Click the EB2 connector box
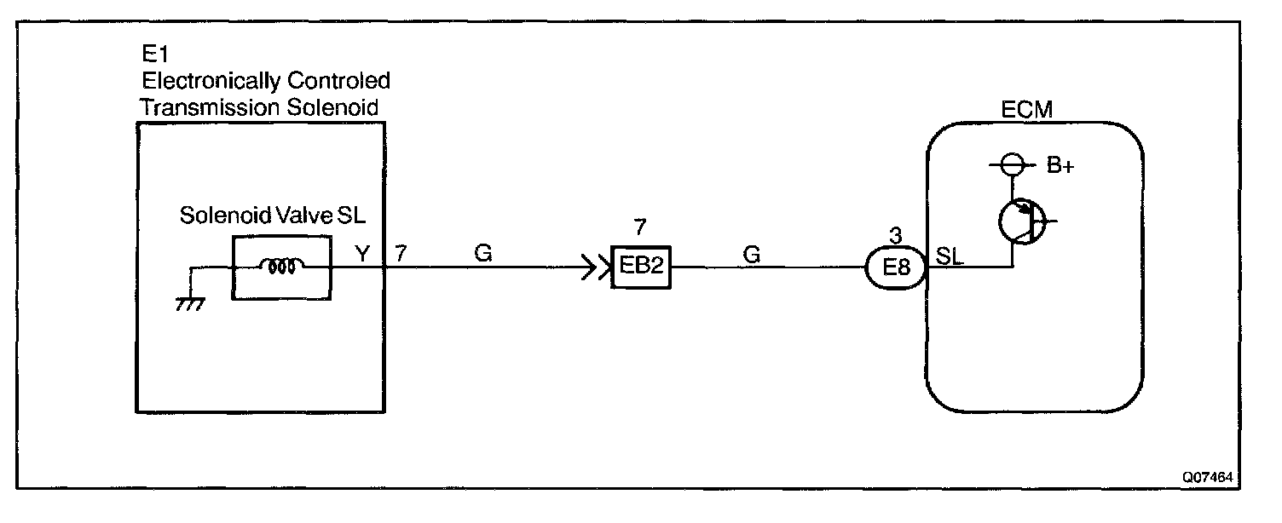[x=641, y=267]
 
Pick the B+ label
[x=1060, y=166]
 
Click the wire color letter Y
[x=362, y=252]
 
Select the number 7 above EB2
[x=641, y=227]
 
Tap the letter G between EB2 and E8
[x=751, y=252]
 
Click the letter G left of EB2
[x=483, y=252]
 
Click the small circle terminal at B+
[x=1011, y=165]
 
